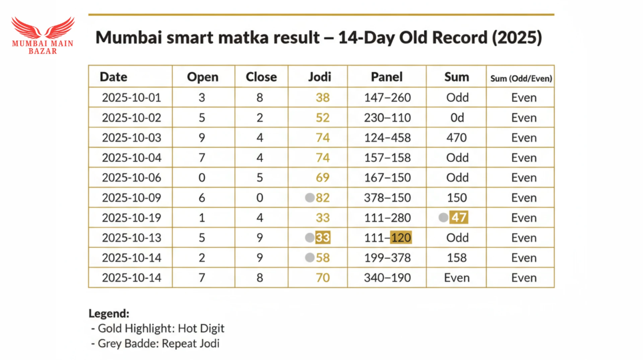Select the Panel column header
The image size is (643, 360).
click(386, 77)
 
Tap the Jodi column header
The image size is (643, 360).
click(319, 77)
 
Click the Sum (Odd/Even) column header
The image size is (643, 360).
click(521, 78)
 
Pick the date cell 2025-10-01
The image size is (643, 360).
click(131, 97)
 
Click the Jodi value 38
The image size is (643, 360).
click(323, 97)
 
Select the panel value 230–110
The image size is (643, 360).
click(387, 118)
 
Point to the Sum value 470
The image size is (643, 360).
click(456, 138)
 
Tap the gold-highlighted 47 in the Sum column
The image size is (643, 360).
click(459, 217)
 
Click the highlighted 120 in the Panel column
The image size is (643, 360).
click(401, 238)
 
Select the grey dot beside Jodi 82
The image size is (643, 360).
click(310, 198)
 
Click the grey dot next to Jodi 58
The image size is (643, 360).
click(310, 258)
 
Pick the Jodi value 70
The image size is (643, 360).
click(323, 278)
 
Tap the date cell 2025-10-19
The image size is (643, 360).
click(131, 218)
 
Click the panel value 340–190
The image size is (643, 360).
click(387, 278)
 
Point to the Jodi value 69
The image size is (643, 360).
click(323, 177)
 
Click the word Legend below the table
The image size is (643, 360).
click(109, 313)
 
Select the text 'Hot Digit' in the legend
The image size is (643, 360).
click(201, 328)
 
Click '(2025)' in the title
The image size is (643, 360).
click(517, 38)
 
